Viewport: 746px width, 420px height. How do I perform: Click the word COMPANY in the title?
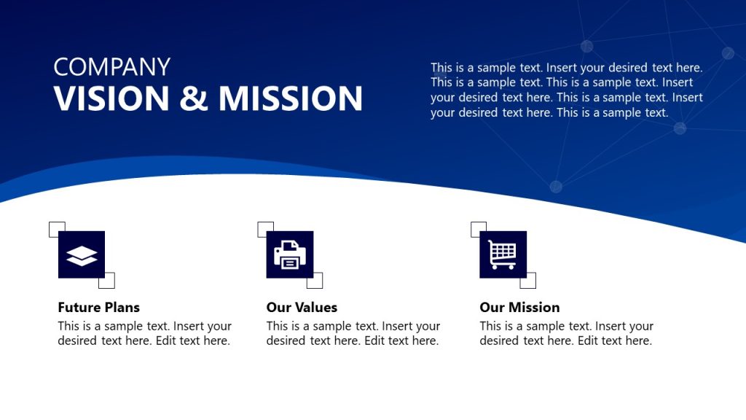(111, 67)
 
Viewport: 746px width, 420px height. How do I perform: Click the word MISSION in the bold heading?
(291, 98)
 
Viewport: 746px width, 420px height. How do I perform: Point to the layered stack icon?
(82, 254)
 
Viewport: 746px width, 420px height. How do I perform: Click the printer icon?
(290, 254)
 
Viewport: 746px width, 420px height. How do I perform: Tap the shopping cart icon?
(503, 254)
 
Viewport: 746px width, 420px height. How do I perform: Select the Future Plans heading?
(98, 307)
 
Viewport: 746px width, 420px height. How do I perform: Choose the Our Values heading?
(302, 307)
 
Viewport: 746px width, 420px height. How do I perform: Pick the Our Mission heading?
(519, 307)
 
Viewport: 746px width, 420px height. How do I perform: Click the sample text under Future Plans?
(144, 333)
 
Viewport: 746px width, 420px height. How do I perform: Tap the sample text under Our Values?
(353, 333)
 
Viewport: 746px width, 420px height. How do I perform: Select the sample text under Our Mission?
(566, 333)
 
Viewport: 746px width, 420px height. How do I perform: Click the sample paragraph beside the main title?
(566, 90)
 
